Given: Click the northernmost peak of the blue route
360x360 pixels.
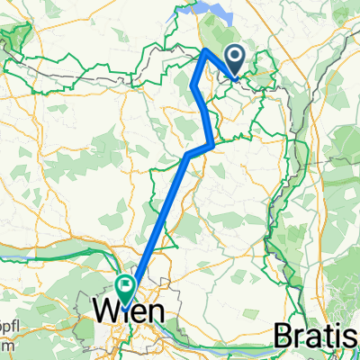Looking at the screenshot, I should (207, 50).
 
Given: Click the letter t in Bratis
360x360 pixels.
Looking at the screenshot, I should (327, 337).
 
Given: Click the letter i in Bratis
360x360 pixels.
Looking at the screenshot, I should (337, 337).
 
